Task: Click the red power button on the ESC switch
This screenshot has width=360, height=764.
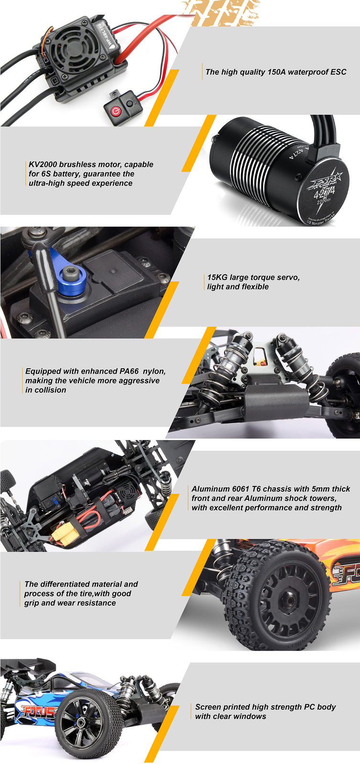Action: [115, 111]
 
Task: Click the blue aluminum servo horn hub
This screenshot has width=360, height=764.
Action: [72, 280]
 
